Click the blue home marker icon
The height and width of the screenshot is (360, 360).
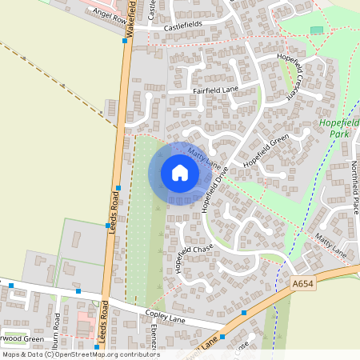(179, 173)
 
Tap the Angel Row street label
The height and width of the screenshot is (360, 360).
(110, 15)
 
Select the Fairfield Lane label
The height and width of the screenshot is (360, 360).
(216, 91)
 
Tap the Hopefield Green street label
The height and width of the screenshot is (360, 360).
(266, 151)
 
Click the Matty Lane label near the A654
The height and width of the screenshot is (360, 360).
(330, 246)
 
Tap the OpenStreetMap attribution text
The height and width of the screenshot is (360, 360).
(80, 354)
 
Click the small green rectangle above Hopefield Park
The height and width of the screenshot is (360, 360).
(317, 30)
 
